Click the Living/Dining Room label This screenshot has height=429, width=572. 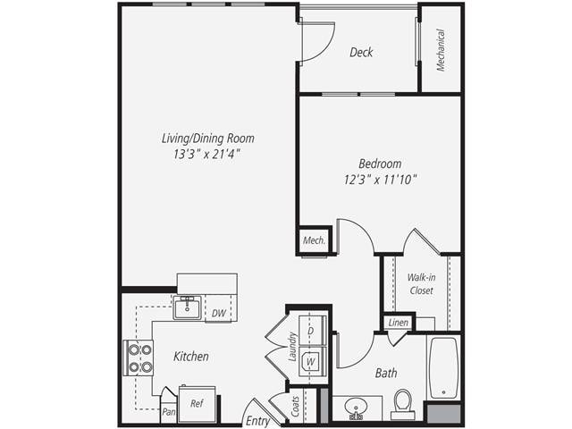pyautogui.click(x=207, y=139)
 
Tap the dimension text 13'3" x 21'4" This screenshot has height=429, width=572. pyautogui.click(x=207, y=154)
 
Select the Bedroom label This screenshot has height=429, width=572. pyautogui.click(x=380, y=164)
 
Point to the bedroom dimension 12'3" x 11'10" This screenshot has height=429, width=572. pyautogui.click(x=380, y=179)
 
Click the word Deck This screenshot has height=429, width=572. pyautogui.click(x=361, y=53)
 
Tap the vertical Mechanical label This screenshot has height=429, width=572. pyautogui.click(x=441, y=50)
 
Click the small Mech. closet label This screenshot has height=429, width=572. pyautogui.click(x=314, y=240)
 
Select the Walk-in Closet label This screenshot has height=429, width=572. pyautogui.click(x=421, y=284)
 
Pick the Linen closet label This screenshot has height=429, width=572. pyautogui.click(x=398, y=323)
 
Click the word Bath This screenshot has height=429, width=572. pyautogui.click(x=386, y=373)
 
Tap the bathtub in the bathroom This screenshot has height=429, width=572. pyautogui.click(x=443, y=366)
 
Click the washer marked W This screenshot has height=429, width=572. pyautogui.click(x=311, y=361)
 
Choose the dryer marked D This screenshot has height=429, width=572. pyautogui.click(x=311, y=331)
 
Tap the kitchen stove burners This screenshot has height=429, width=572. pyautogui.click(x=139, y=357)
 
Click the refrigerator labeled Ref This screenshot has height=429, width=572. pyautogui.click(x=197, y=403)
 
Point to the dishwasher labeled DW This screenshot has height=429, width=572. pyautogui.click(x=219, y=313)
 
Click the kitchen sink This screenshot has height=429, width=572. pyautogui.click(x=187, y=308)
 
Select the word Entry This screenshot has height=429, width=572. pyautogui.click(x=257, y=420)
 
